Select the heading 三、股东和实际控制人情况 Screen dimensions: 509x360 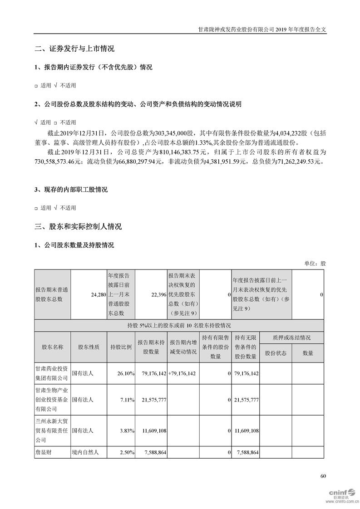point(78,227)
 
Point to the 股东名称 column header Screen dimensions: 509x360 point(52,347)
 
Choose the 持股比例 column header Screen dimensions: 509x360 point(121,347)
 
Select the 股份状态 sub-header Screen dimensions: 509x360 point(276,353)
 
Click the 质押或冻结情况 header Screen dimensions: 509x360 point(291,338)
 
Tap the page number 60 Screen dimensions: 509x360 point(323,476)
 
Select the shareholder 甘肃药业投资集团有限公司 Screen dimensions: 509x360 point(52,373)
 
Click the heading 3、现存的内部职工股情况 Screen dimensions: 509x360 point(71,190)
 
